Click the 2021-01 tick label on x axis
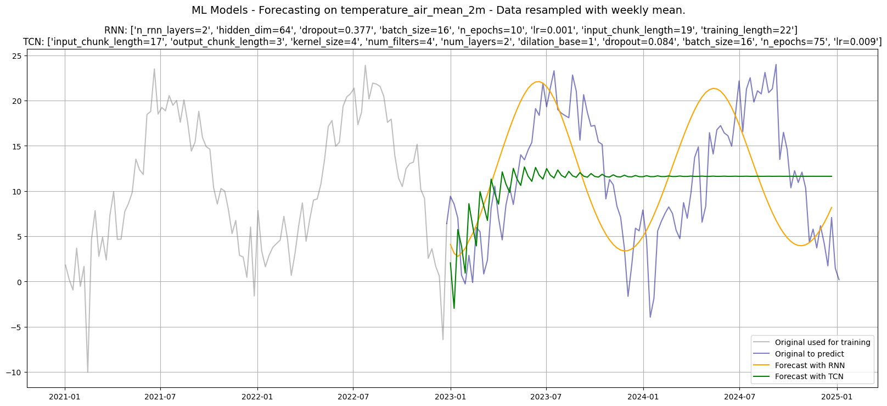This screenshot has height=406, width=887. click(x=65, y=396)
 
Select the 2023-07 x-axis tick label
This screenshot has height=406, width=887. click(x=546, y=396)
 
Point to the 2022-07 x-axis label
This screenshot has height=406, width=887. click(x=353, y=396)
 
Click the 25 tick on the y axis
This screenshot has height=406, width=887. click(x=16, y=56)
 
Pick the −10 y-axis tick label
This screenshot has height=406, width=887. click(x=13, y=372)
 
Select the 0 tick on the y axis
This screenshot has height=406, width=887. click(x=19, y=282)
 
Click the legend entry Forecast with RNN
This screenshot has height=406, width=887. click(x=810, y=365)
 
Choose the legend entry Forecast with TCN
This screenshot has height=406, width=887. click(x=809, y=376)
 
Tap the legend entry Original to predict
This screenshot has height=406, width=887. click(x=809, y=354)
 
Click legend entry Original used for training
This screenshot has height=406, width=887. click(x=822, y=342)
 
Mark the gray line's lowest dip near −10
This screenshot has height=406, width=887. click(x=88, y=372)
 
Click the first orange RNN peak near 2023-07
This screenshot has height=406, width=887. click(x=538, y=82)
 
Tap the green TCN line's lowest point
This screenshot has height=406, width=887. click(x=454, y=308)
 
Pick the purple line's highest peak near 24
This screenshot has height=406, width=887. click(x=776, y=65)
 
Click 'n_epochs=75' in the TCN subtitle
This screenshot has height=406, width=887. click(x=802, y=42)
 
